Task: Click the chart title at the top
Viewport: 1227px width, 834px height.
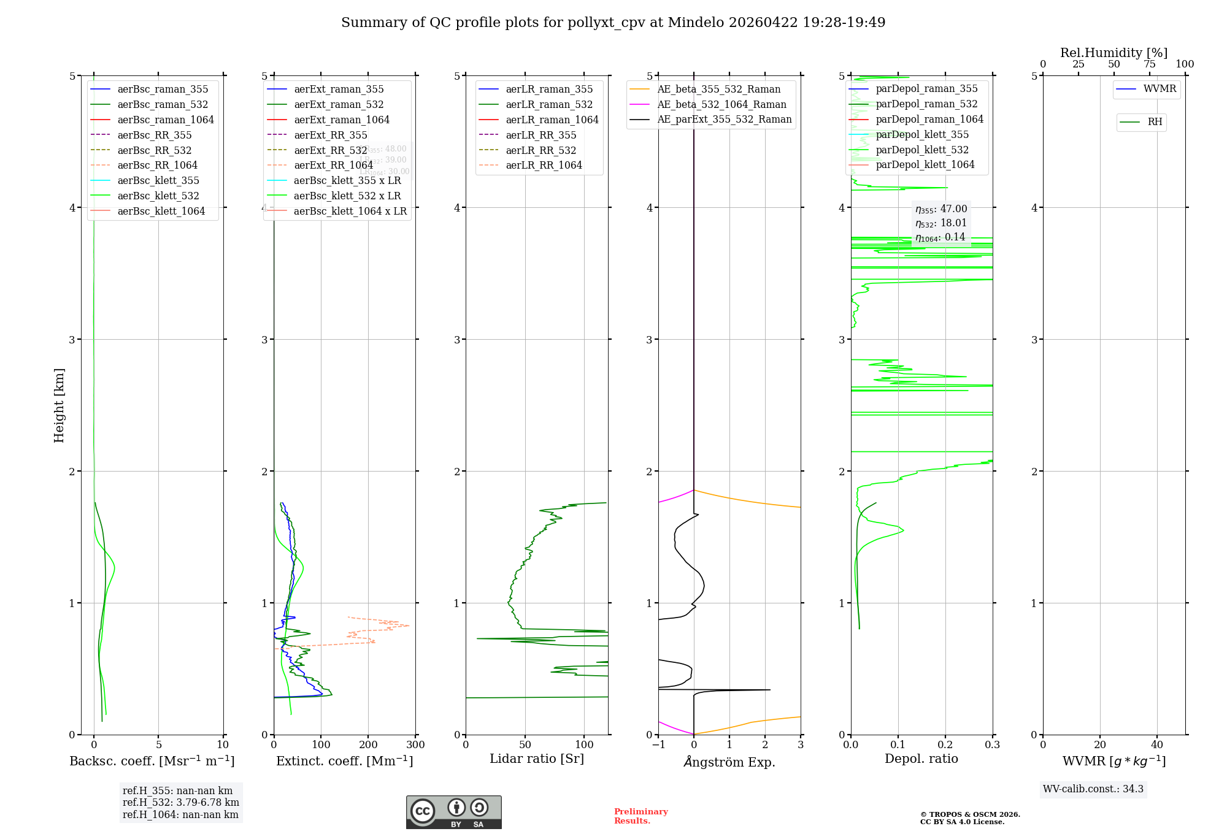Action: point(613,23)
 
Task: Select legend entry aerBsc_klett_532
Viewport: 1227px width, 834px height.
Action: point(158,196)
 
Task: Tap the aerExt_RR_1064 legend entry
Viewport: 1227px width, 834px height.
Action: point(333,166)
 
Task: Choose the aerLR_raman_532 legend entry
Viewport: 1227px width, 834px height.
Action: point(549,105)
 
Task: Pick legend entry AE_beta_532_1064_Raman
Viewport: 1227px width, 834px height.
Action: point(721,105)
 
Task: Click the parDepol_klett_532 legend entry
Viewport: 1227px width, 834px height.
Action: point(922,150)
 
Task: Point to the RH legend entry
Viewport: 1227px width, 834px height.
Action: point(1155,122)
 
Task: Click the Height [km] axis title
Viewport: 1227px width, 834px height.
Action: point(59,405)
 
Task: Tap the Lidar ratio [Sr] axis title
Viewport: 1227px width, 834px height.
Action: point(537,759)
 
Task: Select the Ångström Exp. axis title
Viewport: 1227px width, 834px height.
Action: point(729,762)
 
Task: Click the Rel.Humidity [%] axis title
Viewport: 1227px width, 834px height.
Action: point(1114,53)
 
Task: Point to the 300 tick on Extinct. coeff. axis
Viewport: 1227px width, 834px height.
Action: point(416,745)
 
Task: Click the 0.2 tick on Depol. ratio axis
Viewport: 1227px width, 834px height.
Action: point(945,745)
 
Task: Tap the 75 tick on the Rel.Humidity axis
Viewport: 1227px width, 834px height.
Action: point(1149,64)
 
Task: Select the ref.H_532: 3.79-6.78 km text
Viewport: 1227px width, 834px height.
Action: point(180,802)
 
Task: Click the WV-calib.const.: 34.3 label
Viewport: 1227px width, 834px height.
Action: point(1093,789)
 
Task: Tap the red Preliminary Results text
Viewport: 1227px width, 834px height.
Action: point(640,816)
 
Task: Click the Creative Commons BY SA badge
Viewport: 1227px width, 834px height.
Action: point(453,812)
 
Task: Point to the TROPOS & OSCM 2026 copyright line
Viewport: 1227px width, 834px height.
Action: point(969,814)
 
